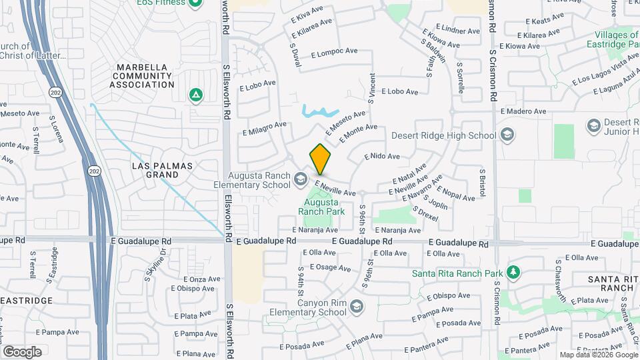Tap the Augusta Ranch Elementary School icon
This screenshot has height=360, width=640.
300,179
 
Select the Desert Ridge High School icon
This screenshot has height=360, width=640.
507,135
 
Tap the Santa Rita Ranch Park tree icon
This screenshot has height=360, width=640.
512,273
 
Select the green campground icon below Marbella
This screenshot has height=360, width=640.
195,95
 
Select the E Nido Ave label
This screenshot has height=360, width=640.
382,157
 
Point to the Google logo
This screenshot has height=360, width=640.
22,351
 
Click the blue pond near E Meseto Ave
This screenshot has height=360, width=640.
319,111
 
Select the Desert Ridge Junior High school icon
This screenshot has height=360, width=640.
593,125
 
